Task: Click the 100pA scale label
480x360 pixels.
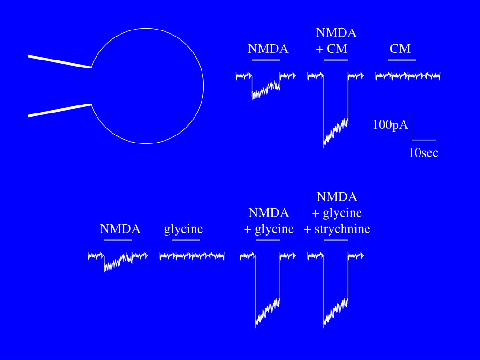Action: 390,125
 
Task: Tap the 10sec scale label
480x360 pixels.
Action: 423,153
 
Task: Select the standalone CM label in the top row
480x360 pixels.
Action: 400,49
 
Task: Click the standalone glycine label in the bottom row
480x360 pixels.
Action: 184,229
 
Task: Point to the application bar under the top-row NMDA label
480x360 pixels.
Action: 266,60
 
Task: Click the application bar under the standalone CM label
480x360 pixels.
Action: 403,60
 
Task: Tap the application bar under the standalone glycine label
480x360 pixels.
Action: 186,240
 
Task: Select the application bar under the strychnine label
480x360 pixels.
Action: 336,240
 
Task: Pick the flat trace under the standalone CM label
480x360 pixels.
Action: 408,75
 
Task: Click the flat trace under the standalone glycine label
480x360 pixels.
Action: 192,255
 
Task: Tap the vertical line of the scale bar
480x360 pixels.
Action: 412,126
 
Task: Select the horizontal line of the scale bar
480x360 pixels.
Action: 424,140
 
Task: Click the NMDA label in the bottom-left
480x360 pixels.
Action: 120,229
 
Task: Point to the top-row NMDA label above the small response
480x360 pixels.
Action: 268,49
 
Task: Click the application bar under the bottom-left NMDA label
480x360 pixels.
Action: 118,240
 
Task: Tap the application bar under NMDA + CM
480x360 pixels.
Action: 336,60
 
